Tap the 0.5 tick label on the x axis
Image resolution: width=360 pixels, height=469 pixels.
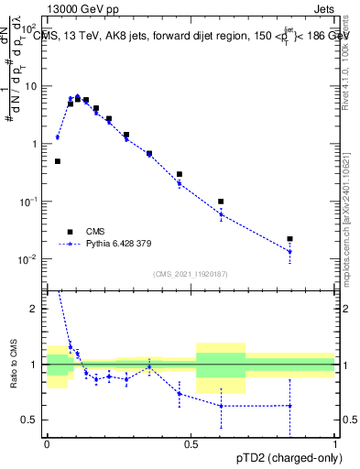[191, 444]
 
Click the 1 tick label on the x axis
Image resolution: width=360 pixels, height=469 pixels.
[335, 444]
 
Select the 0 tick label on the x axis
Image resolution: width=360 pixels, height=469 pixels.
[47, 444]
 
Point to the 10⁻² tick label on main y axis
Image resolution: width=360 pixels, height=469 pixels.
[31, 259]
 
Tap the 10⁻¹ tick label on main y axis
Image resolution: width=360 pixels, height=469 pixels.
[31, 202]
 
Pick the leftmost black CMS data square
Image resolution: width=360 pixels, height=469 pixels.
[58, 161]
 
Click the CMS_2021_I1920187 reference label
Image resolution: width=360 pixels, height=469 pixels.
[190, 273]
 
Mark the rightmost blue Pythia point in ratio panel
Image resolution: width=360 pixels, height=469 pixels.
[289, 405]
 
